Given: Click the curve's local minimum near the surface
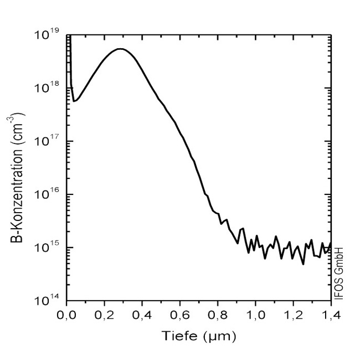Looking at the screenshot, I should coord(74,101).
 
